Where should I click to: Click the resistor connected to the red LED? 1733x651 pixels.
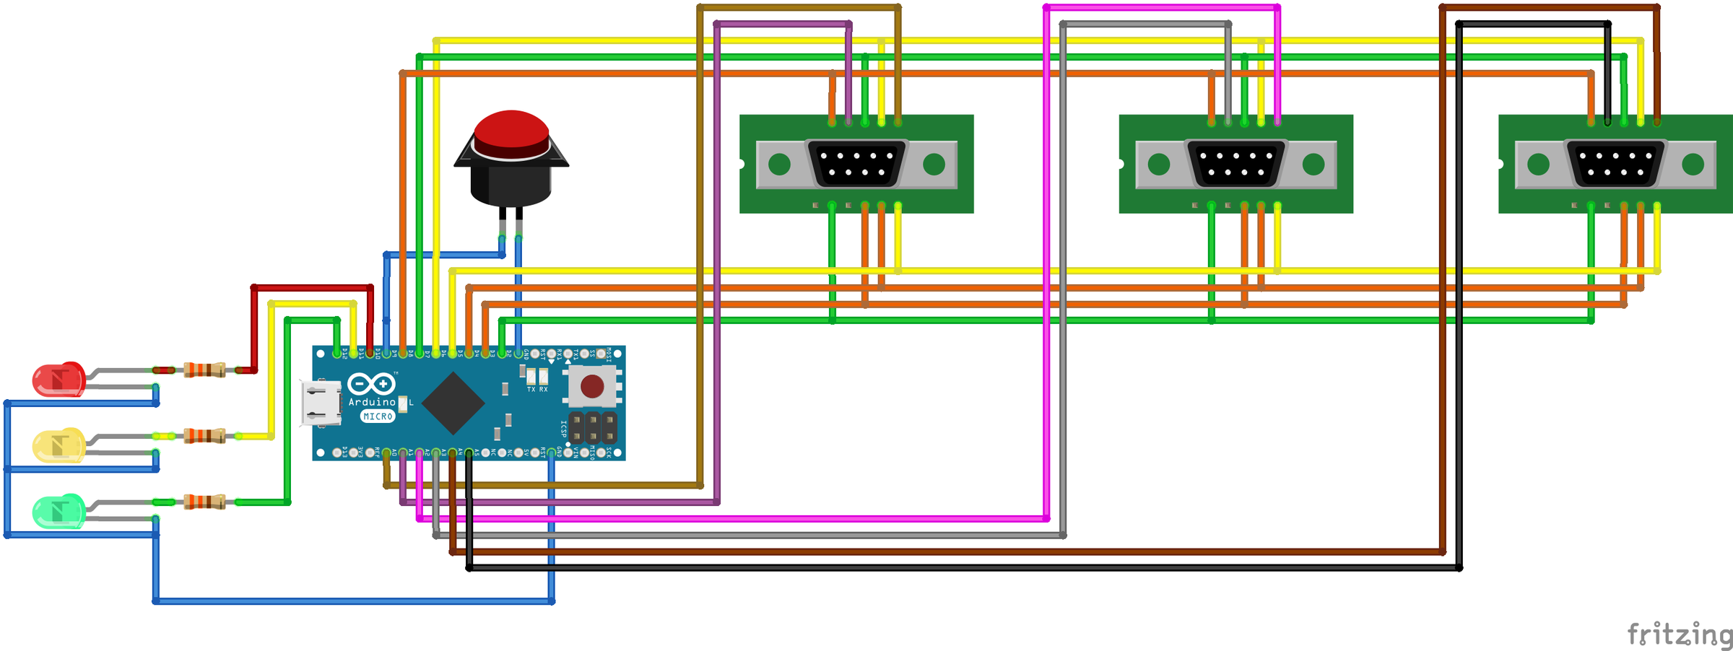click(204, 370)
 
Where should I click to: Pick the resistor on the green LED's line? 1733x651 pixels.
click(204, 502)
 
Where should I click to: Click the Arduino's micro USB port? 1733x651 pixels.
click(321, 403)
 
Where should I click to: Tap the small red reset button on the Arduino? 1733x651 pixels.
click(592, 386)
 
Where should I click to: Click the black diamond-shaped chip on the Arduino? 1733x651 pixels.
click(453, 403)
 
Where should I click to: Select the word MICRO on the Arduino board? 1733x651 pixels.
click(378, 416)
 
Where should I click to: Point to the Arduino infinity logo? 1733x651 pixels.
click(371, 384)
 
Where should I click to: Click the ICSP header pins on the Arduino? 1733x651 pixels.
click(593, 428)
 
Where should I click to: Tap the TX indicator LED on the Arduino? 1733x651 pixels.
click(531, 377)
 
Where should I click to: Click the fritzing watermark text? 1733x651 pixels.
click(1679, 634)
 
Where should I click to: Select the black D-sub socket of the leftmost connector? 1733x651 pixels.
click(856, 164)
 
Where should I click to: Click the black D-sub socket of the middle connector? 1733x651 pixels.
click(1235, 164)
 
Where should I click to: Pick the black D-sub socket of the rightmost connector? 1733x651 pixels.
click(1615, 164)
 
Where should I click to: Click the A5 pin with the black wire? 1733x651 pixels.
click(469, 453)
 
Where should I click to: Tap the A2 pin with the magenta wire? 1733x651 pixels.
click(420, 453)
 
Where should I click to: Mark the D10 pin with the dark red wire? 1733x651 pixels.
click(370, 354)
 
